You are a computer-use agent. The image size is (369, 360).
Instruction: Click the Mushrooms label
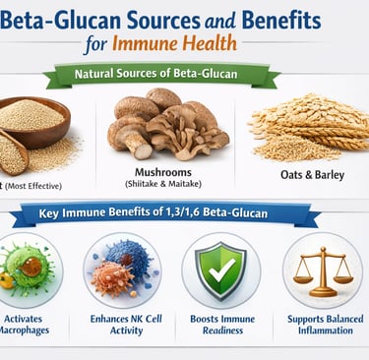click(169, 172)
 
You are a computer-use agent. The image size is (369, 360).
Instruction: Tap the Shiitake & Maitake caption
click(169, 185)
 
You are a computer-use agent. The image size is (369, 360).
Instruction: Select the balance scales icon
click(322, 270)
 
